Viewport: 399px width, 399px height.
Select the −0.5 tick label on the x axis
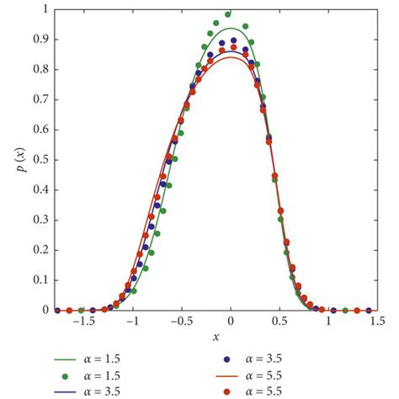tap(178, 322)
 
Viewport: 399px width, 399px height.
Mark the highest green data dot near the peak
tap(228, 14)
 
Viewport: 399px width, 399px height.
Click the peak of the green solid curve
tap(229, 29)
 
